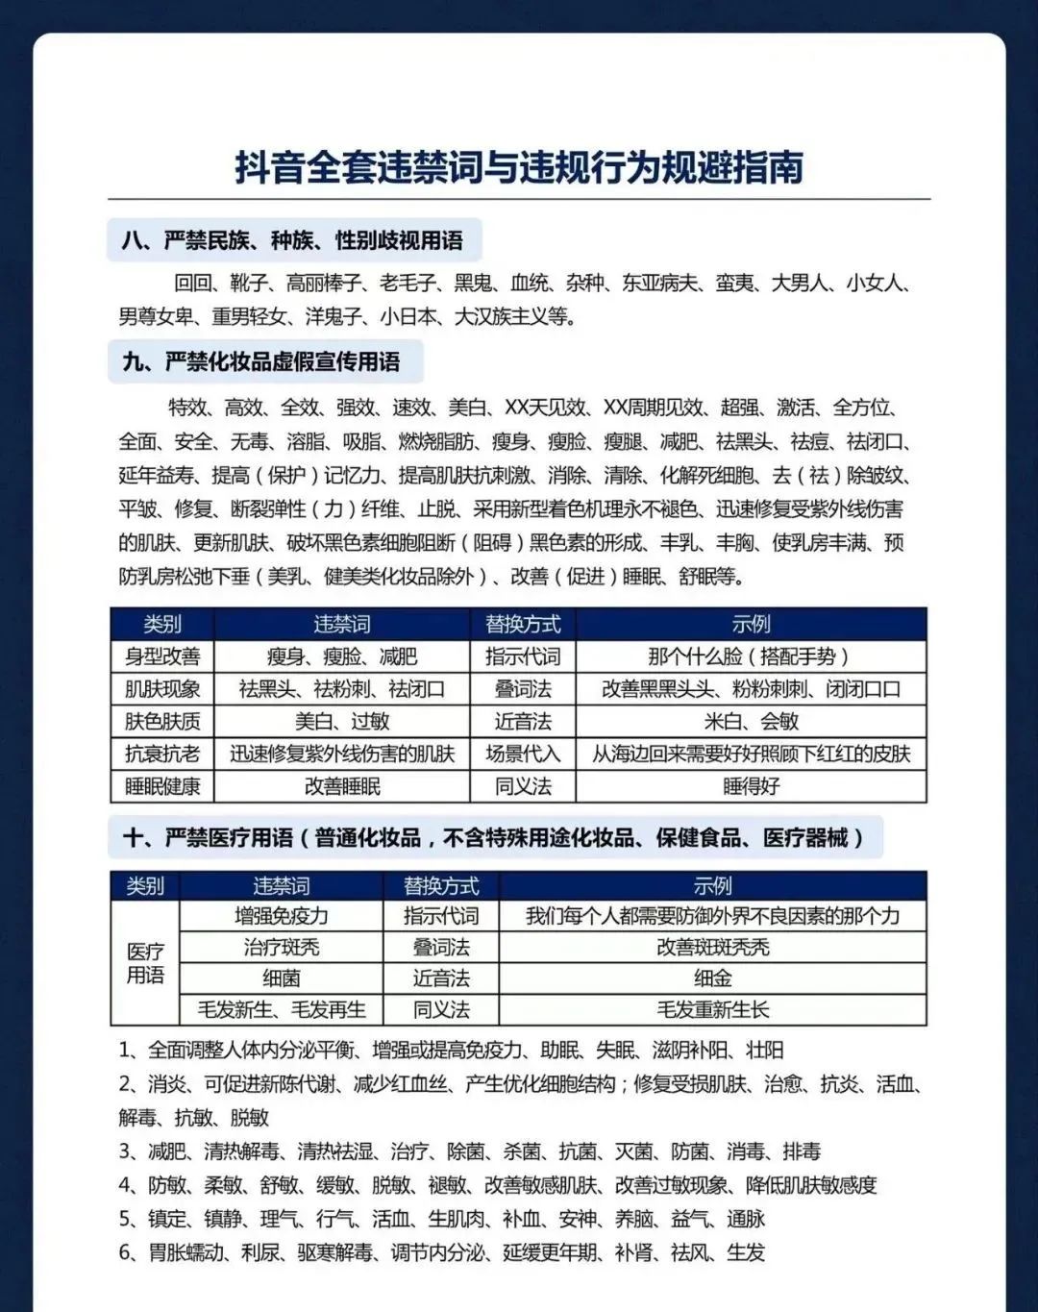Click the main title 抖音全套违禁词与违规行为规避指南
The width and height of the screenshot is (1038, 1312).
[x=519, y=167]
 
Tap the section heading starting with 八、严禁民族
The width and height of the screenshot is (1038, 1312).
[x=292, y=240]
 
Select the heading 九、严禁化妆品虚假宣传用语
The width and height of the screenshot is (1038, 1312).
[x=261, y=362]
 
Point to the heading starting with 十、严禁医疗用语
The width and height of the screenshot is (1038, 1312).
[x=493, y=838]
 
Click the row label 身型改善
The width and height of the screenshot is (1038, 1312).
[x=162, y=656]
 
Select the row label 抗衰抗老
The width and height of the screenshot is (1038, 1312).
[x=162, y=754]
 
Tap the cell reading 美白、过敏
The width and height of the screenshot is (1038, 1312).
[x=342, y=721]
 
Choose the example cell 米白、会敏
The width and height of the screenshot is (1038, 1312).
[x=751, y=721]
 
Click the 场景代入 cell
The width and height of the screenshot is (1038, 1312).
[x=523, y=754]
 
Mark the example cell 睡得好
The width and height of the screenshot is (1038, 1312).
[x=751, y=786]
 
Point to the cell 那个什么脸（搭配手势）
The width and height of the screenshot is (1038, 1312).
[x=751, y=656]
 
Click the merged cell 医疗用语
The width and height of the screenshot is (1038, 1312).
[x=145, y=963]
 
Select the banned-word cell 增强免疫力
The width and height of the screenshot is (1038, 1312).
[x=282, y=916]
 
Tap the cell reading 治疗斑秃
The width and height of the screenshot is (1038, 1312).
[x=282, y=948]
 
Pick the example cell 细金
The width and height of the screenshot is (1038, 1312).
[x=712, y=978]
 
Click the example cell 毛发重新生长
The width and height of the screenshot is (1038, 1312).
[x=712, y=1010]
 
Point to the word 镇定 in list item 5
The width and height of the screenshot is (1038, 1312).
[x=168, y=1219]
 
